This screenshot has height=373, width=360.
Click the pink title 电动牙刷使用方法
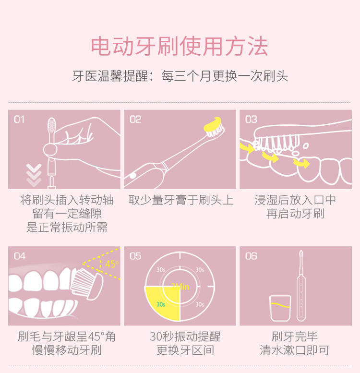pos(180,46)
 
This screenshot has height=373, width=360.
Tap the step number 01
pos(19,120)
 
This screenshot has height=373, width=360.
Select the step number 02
pos(135,120)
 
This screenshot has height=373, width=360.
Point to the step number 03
pos(251,120)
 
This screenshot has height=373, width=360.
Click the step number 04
pos(19,256)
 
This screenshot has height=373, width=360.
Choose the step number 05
pos(135,256)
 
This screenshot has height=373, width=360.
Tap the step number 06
pos(251,256)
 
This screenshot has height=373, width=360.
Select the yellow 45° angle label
pos(112,264)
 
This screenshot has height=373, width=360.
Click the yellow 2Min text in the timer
pos(180,287)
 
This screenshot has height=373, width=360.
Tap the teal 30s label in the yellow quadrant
pos(161,304)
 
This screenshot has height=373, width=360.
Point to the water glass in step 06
pos(280,308)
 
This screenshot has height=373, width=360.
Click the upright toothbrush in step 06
pos(301,286)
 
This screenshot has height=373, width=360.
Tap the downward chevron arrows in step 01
pos(34,175)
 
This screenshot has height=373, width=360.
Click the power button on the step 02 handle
pos(132,176)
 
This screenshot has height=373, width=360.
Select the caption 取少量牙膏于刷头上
pos(180,200)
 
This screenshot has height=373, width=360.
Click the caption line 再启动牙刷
pos(295,213)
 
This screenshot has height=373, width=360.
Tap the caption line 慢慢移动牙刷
pos(67,350)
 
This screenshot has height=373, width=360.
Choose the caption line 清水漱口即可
pos(295,350)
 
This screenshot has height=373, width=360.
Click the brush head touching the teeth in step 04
pos(87,283)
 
